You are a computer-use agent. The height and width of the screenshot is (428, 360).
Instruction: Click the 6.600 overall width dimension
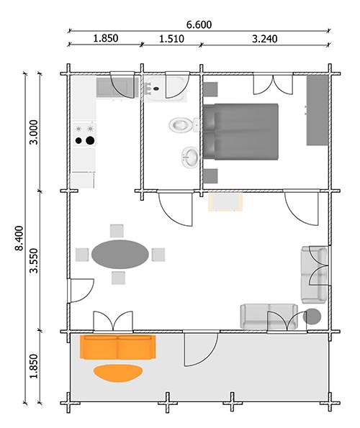(x=199, y=24)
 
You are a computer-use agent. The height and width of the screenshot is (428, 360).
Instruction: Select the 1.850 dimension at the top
(x=105, y=38)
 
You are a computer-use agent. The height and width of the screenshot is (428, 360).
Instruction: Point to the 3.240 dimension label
(x=264, y=38)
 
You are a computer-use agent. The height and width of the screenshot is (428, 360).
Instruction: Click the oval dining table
(x=121, y=254)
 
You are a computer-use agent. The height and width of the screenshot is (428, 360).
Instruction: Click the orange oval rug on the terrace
(x=118, y=372)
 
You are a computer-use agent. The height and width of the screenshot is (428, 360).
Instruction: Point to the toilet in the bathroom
(x=180, y=124)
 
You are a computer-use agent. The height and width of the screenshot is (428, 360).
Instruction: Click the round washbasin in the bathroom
(x=191, y=156)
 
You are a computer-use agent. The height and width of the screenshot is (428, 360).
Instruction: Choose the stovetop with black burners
(x=84, y=134)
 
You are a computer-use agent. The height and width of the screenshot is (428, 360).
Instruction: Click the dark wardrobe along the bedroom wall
(x=318, y=109)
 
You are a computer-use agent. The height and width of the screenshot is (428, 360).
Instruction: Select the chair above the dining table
(x=117, y=230)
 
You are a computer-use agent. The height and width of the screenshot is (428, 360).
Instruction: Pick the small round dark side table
(x=312, y=316)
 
